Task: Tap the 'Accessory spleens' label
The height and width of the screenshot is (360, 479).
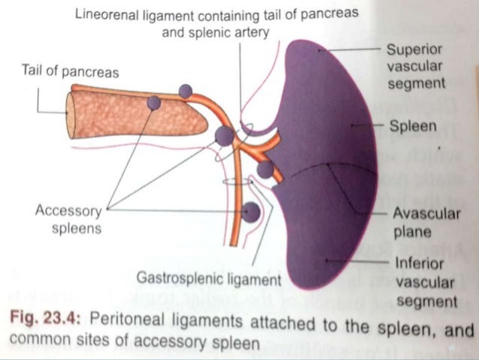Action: [x=68, y=218]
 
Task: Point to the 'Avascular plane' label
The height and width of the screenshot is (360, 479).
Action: [x=424, y=222]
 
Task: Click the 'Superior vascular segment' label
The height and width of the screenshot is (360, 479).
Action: [x=415, y=67]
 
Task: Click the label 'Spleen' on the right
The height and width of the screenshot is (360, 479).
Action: [x=412, y=126]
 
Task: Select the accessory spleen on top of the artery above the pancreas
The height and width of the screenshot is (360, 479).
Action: [x=185, y=91]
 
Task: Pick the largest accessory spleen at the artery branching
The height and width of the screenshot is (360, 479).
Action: [x=224, y=136]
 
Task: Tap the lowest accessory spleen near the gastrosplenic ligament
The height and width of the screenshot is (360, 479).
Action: [x=252, y=213]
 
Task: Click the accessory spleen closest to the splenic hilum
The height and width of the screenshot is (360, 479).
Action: [x=265, y=169]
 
